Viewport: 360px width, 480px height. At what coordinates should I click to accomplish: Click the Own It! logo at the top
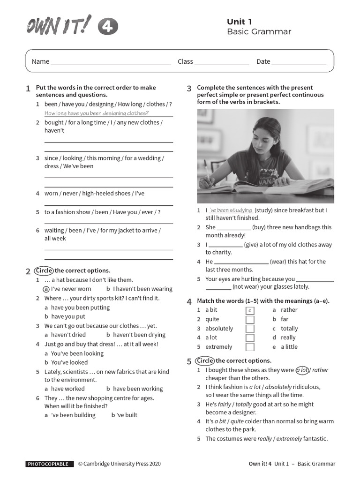[59, 26]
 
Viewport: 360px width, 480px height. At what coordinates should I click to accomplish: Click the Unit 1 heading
[240, 22]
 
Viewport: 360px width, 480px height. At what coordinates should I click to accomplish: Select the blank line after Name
[111, 62]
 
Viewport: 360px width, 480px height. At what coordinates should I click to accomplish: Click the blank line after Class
[222, 62]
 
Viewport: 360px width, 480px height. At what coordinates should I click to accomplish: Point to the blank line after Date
[299, 62]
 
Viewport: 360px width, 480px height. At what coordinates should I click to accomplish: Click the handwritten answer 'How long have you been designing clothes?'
[97, 113]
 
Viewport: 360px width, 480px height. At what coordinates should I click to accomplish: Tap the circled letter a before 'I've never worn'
[46, 289]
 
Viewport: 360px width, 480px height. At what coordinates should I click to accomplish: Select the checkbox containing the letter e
[250, 310]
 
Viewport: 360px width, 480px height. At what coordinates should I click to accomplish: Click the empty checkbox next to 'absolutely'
[250, 329]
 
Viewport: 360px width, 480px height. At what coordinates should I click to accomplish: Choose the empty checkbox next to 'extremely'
[250, 347]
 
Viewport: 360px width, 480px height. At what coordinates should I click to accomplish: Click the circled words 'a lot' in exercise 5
[302, 370]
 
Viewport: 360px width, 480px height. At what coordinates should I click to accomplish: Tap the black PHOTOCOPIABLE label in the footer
[50, 464]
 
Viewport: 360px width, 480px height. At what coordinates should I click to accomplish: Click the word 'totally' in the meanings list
[289, 329]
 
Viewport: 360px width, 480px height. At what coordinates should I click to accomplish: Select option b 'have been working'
[137, 389]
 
